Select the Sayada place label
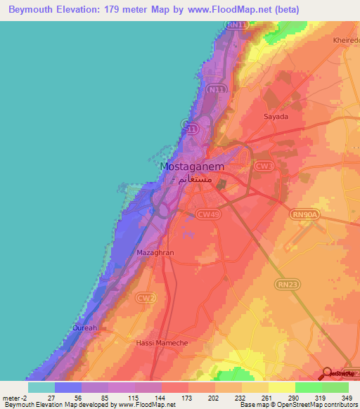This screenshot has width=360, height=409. (276, 117)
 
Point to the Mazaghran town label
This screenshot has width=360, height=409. (155, 252)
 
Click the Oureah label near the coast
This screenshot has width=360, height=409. (84, 328)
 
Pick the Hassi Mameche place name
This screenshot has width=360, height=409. (158, 342)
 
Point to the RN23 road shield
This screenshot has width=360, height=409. (283, 284)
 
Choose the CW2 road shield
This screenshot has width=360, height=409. (144, 298)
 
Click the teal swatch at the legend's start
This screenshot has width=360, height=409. (41, 387)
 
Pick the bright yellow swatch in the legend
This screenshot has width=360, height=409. (282, 387)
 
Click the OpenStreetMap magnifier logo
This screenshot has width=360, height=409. (328, 373)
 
